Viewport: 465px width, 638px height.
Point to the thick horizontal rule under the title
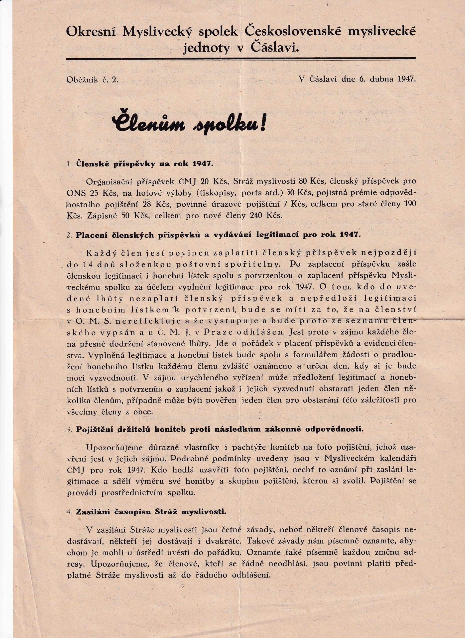point(240,59)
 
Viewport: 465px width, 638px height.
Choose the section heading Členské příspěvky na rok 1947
point(143,164)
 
